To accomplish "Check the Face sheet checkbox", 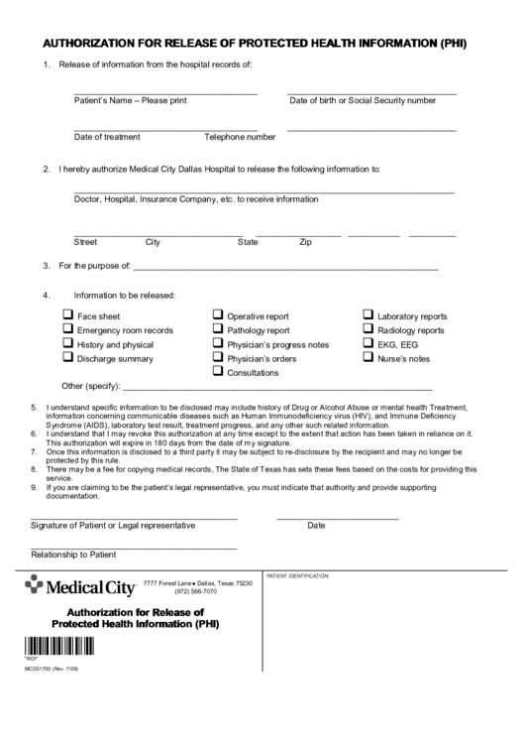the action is point(68,315).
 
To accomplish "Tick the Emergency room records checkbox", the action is point(68,329).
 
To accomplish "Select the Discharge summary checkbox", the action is point(68,357).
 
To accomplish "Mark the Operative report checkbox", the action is point(218,315).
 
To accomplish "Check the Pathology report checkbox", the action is point(218,329).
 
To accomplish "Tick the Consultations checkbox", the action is point(218,372).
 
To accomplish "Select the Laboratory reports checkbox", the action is point(368,315).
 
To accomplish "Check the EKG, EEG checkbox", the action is point(368,343).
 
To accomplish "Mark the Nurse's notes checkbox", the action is point(368,357).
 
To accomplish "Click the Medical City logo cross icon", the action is point(35,585).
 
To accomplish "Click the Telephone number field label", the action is point(240,137).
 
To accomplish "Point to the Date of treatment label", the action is point(107,137).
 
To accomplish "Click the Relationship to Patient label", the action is point(73,555).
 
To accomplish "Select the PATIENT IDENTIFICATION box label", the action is point(297,575).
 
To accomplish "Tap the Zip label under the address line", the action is point(306,242).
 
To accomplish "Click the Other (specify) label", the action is point(90,386).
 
